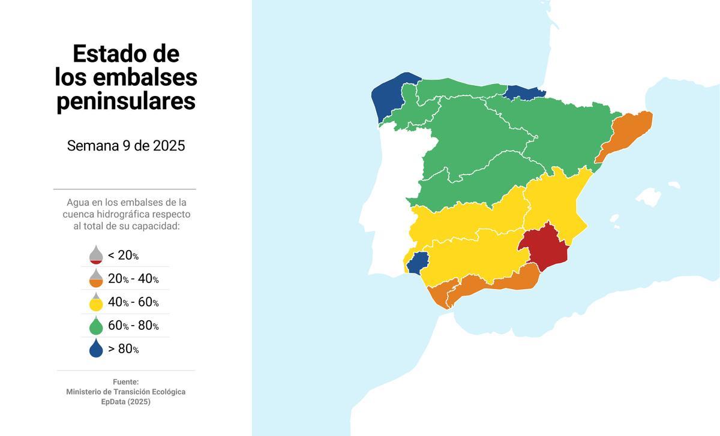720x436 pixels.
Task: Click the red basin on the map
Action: [544, 247]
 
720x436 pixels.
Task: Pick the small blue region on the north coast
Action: [524, 92]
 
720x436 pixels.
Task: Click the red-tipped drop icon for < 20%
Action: [96, 255]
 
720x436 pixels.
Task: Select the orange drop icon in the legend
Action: [96, 278]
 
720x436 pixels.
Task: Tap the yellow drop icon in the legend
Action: [96, 302]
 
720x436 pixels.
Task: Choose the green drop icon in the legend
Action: [96, 326]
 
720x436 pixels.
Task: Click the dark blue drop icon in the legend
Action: [96, 349]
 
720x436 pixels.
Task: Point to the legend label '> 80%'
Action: [124, 349]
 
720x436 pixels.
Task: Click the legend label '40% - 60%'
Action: [133, 302]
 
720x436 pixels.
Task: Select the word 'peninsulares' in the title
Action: [126, 101]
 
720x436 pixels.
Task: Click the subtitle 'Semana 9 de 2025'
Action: [126, 146]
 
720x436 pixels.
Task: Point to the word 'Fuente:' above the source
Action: [126, 381]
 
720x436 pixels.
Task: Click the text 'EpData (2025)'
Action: [126, 402]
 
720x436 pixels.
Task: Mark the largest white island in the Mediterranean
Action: [649, 197]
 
